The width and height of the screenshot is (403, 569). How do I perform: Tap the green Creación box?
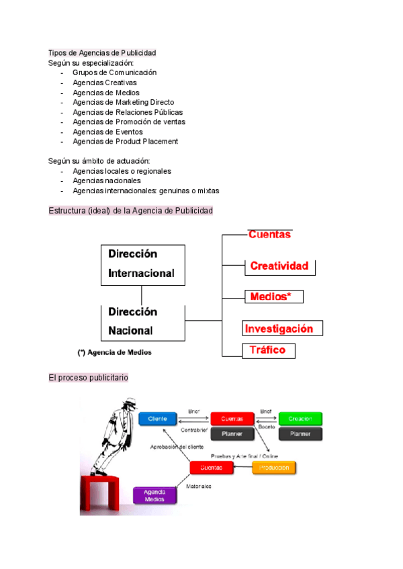300,419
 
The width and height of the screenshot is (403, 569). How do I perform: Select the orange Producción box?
273,468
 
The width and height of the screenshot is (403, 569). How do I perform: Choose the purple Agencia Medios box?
155,495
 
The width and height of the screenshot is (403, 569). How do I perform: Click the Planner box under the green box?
300,434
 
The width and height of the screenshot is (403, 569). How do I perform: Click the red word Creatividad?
279,266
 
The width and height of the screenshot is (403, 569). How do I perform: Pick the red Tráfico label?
267,350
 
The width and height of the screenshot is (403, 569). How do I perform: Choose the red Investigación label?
279,329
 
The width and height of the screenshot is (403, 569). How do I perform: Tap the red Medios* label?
271,296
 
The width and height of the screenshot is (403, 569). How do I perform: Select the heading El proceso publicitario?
88,378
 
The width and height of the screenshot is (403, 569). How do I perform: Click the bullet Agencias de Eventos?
107,132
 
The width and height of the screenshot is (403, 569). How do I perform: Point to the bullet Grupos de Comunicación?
114,72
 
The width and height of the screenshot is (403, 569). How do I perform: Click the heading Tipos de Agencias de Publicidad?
102,53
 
